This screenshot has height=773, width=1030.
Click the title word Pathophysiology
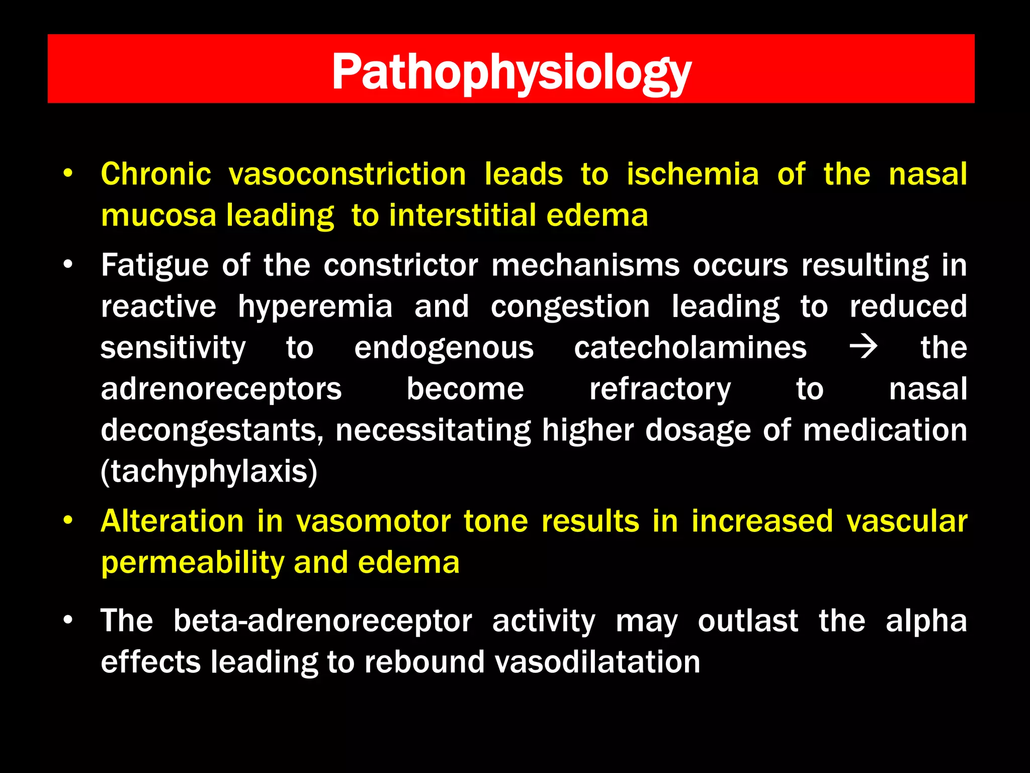[x=511, y=73]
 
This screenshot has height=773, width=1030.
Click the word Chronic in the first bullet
[x=156, y=175]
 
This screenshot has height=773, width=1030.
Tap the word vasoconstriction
[x=347, y=175]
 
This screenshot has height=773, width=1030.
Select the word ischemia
[x=693, y=175]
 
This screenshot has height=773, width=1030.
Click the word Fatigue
[x=154, y=266]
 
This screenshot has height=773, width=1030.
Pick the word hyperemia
[x=315, y=307]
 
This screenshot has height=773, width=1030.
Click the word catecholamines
[x=690, y=348]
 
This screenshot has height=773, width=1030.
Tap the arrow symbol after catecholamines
[x=863, y=348]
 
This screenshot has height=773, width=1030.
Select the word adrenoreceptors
[x=221, y=390]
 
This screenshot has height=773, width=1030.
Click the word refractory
[x=660, y=390]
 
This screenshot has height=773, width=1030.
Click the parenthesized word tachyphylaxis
[x=209, y=472]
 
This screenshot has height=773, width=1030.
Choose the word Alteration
[x=172, y=521]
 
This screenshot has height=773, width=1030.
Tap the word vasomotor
[x=373, y=521]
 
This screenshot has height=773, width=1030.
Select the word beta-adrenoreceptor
[x=322, y=621]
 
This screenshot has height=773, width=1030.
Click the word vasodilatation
[x=597, y=662]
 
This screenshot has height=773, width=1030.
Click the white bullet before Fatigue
[x=68, y=265]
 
